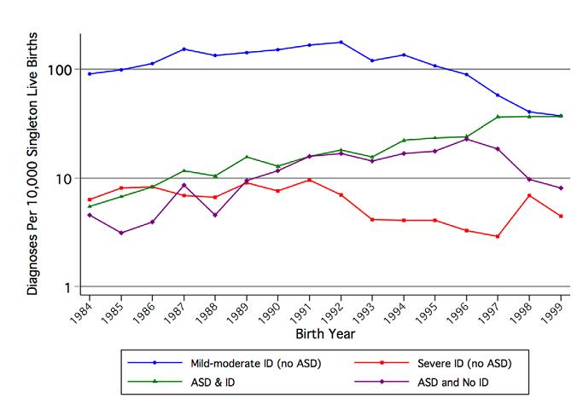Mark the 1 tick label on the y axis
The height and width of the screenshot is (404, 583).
72,288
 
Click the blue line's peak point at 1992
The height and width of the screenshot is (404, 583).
341,42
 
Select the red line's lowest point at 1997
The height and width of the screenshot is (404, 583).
498,236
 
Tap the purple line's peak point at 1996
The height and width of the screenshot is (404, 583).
466,139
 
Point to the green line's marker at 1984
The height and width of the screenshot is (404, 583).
90,206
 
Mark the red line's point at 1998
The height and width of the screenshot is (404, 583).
529,196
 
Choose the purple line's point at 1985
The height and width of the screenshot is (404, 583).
121,233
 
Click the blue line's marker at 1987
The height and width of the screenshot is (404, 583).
184,49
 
